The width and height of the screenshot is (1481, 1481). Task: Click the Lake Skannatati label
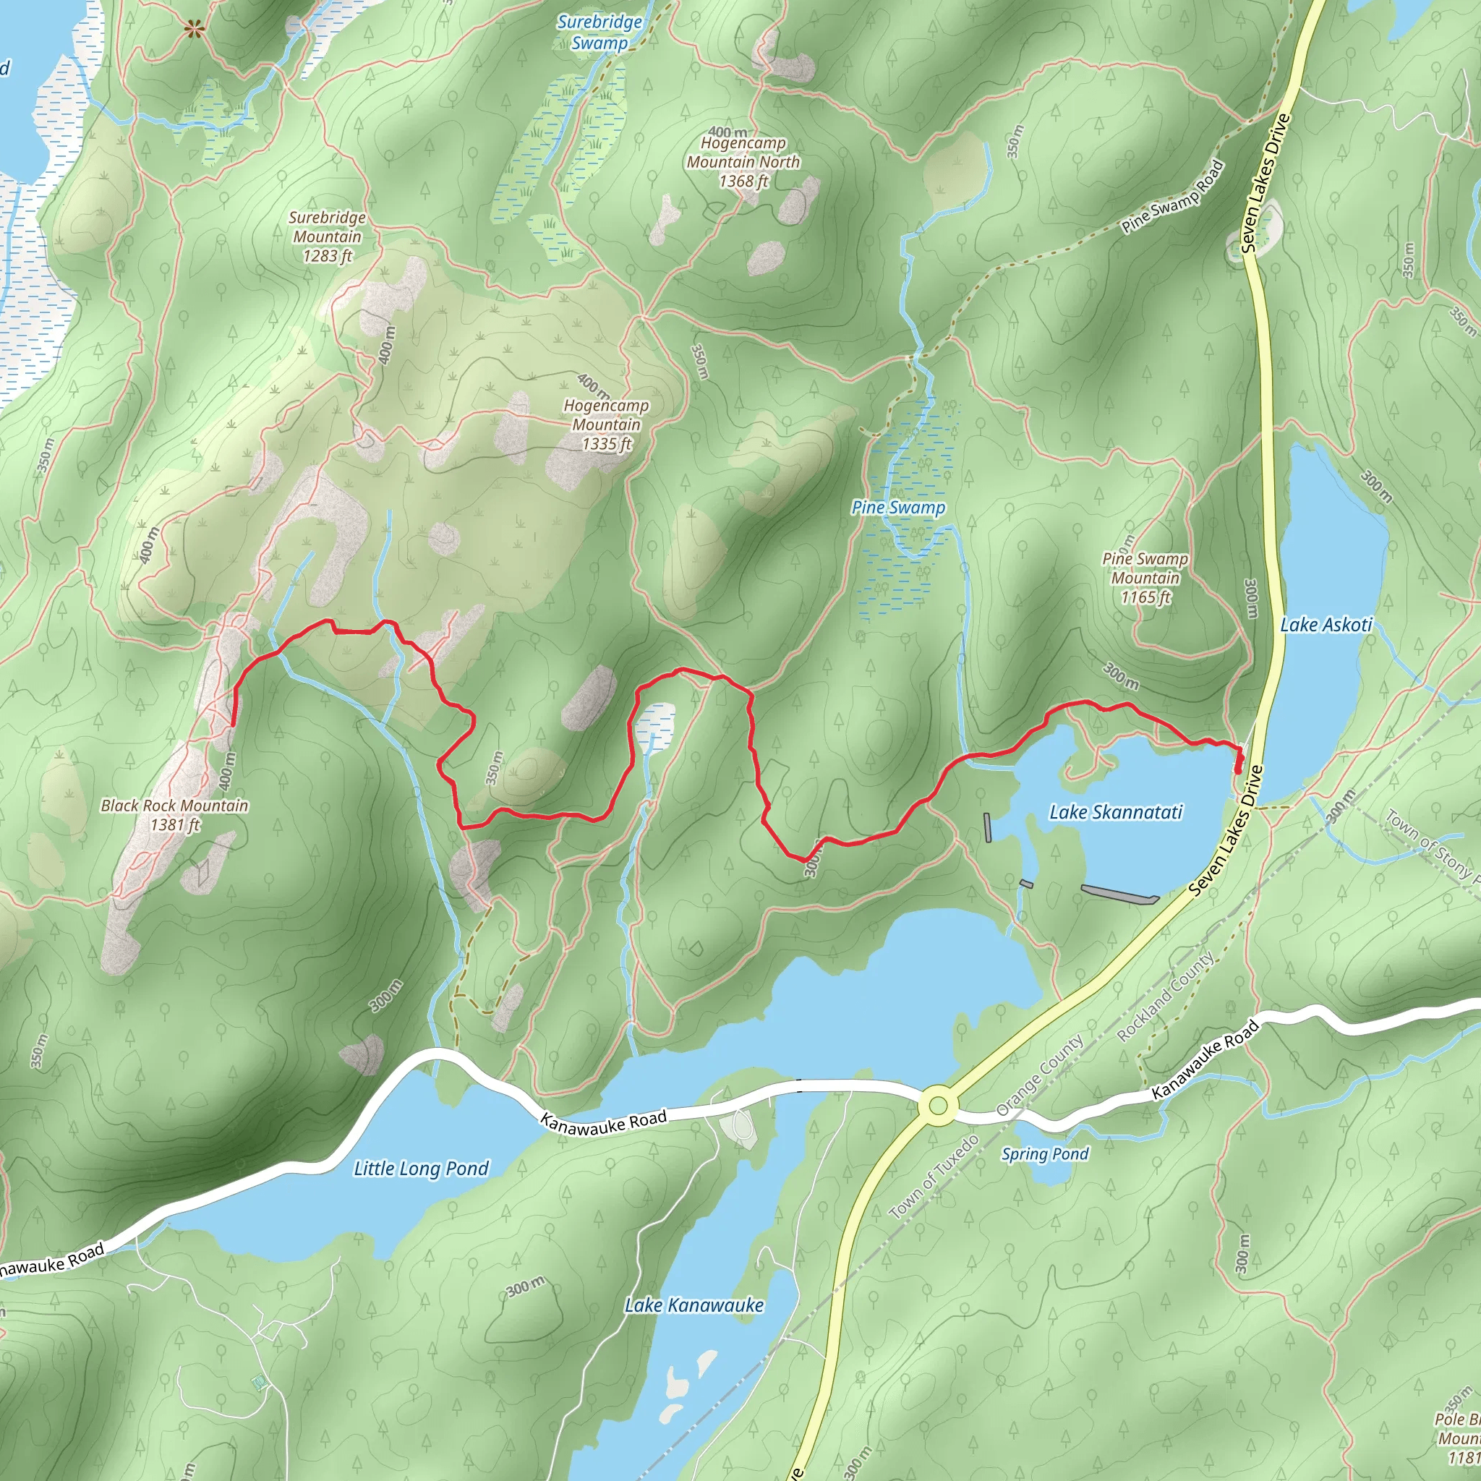[x=1115, y=812]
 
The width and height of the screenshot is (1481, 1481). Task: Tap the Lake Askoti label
[x=1326, y=625]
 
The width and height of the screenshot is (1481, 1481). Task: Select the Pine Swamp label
[x=898, y=508]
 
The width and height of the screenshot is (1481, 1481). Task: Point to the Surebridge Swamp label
[x=599, y=33]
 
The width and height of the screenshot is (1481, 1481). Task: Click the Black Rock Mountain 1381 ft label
[x=175, y=815]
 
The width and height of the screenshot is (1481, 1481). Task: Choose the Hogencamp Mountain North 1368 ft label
[x=743, y=162]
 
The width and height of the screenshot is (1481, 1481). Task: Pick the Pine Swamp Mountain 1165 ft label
[x=1145, y=578]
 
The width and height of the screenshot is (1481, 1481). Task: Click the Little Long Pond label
[x=421, y=1169]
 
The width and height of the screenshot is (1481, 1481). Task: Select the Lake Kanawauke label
[x=693, y=1305]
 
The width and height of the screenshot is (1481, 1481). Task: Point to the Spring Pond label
[x=1045, y=1153]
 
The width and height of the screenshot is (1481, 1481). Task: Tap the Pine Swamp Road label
[x=1172, y=196]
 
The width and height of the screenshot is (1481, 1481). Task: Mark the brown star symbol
[x=195, y=30]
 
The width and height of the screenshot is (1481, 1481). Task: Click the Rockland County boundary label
[x=1166, y=996]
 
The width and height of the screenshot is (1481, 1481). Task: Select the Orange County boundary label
[x=1040, y=1075]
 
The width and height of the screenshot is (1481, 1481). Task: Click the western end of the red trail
[x=232, y=724]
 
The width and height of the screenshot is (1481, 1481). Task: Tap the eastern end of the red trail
[x=1239, y=771]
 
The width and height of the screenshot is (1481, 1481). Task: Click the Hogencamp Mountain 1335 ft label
[x=606, y=424]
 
